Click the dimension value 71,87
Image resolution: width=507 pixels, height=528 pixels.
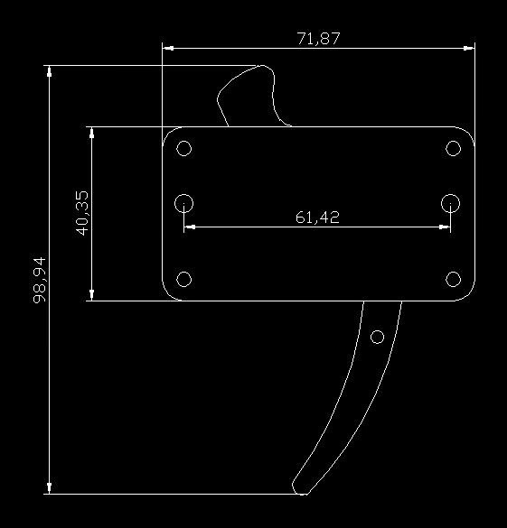tap(318, 39)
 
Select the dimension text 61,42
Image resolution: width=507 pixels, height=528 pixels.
tap(317, 218)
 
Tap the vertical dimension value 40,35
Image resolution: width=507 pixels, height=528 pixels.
tap(82, 213)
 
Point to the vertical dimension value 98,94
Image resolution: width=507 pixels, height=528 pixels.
tap(40, 280)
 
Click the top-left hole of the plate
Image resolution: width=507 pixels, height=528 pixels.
tap(184, 148)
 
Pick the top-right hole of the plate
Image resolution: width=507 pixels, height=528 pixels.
tap(453, 148)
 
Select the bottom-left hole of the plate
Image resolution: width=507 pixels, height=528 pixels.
tap(184, 279)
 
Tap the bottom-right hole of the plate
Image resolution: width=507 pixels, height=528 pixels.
tap(453, 279)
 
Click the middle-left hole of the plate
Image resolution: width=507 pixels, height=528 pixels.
tap(183, 203)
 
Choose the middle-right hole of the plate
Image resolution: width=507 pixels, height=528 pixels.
tap(450, 203)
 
